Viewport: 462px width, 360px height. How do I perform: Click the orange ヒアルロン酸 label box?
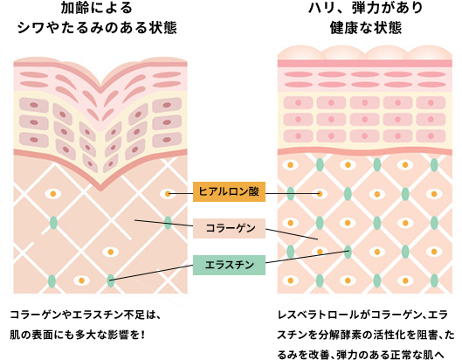tap(229, 191)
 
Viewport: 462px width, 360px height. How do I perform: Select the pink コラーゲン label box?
tap(229, 228)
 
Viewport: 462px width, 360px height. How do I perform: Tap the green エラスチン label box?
tap(229, 265)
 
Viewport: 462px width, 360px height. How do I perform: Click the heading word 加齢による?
tap(97, 8)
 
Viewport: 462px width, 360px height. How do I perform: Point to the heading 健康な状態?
tap(366, 28)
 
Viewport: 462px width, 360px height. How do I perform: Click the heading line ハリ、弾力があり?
tap(366, 8)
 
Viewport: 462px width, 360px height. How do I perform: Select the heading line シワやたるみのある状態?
tap(97, 28)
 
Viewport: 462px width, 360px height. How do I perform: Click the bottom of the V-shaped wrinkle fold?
tap(100, 189)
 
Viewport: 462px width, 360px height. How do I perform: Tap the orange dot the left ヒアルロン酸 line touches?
tap(168, 194)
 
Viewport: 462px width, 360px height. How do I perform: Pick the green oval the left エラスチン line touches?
tap(111, 280)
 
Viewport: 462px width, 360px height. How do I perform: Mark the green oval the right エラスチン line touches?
tap(348, 253)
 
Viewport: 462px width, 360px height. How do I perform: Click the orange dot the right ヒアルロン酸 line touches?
tap(320, 194)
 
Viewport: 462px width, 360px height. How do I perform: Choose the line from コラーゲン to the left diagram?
tap(164, 223)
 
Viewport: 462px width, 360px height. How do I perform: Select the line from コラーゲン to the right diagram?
tap(292, 234)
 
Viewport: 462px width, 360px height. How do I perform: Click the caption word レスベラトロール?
tap(318, 315)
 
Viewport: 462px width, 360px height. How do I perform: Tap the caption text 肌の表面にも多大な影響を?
tap(78, 336)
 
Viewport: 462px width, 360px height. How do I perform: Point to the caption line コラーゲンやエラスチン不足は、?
tap(86, 315)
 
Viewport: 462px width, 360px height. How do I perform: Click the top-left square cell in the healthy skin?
tap(298, 103)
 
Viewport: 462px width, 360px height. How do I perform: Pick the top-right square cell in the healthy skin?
tap(431, 103)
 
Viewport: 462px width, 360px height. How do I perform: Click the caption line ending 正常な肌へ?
tap(361, 355)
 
